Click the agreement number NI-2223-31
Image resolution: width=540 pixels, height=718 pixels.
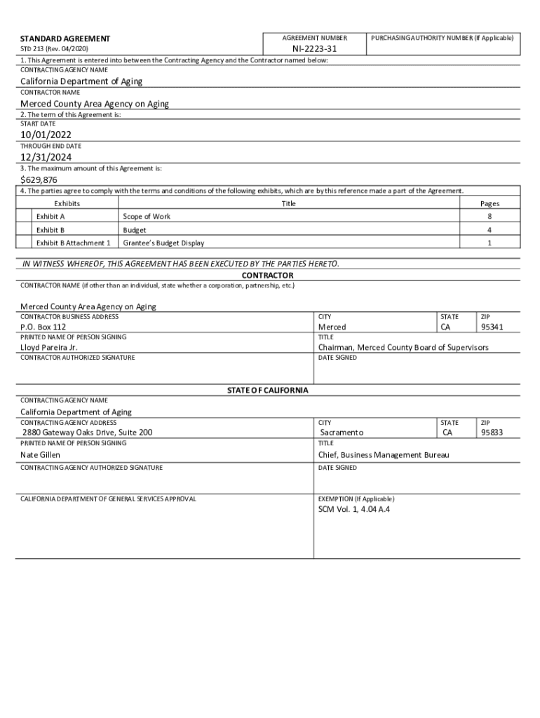click(315, 49)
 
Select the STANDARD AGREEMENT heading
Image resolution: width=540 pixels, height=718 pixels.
click(65, 38)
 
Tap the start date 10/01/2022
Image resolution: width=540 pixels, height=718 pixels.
click(46, 135)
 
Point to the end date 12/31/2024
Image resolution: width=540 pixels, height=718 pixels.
click(46, 157)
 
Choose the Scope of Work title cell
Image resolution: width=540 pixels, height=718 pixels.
click(147, 217)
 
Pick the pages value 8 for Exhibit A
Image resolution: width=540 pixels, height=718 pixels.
click(490, 217)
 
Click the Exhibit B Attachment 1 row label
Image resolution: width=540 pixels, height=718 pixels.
click(73, 243)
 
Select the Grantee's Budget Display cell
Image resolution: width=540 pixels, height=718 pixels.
click(163, 243)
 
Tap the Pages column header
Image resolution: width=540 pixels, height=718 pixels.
click(490, 203)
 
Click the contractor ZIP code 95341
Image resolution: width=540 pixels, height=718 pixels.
click(492, 327)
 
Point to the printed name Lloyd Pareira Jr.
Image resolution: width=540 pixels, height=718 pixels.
click(49, 347)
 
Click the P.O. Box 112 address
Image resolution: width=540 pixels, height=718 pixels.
click(43, 327)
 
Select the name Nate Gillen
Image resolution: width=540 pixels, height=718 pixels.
click(40, 455)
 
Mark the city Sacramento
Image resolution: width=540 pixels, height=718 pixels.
click(341, 433)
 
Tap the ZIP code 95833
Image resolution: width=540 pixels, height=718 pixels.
click(492, 433)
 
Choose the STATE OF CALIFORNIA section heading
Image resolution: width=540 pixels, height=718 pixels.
click(267, 390)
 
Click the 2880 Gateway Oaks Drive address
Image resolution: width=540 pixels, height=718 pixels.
click(87, 433)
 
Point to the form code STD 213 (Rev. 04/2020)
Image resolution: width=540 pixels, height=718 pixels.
click(55, 49)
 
